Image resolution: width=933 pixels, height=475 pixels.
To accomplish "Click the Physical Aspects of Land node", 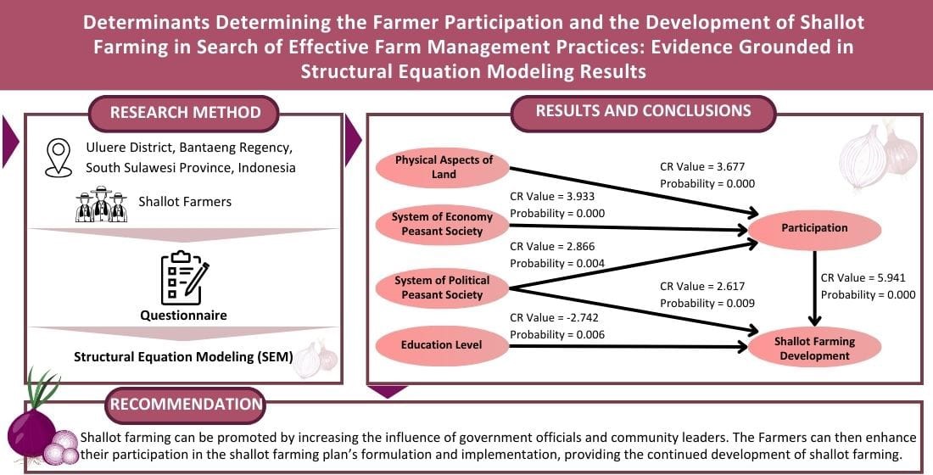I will [444, 167].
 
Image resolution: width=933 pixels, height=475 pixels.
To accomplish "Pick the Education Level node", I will [441, 344].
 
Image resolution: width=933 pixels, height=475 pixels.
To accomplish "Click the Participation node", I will [815, 227].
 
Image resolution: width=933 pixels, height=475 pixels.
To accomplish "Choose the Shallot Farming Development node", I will [815, 349].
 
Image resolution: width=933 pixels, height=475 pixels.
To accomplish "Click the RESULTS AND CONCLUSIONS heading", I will [643, 111].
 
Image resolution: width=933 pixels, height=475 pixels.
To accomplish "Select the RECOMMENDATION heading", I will [185, 405].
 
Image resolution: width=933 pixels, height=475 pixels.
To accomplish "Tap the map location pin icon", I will [58, 157].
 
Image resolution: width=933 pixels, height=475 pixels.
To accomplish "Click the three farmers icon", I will [101, 204].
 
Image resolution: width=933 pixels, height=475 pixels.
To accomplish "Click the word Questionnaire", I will [185, 316].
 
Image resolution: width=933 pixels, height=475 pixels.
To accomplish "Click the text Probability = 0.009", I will [707, 303].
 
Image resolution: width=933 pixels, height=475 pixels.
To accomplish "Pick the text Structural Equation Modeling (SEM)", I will [183, 357].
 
